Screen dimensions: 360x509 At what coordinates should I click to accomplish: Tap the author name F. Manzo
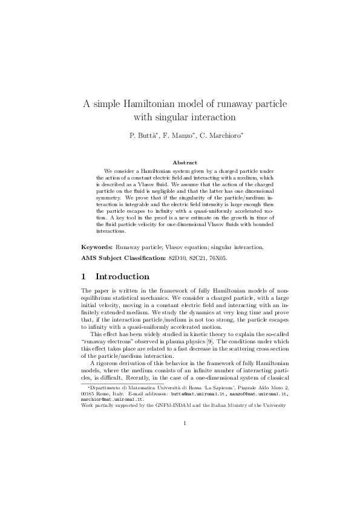[178, 135]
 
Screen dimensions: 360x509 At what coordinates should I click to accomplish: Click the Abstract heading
[185, 163]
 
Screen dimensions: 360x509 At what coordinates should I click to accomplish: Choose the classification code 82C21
[203, 258]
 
